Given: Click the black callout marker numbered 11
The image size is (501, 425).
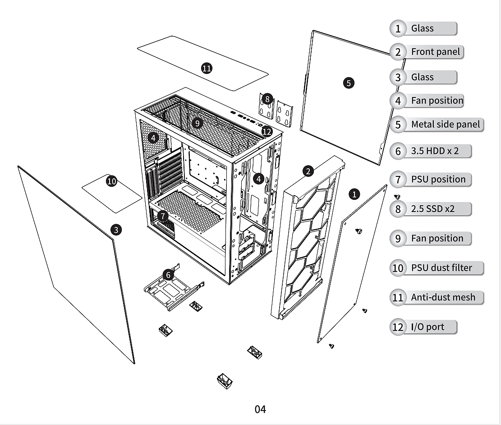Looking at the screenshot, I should pos(207,68).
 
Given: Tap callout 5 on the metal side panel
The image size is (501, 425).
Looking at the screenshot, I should pos(348,83).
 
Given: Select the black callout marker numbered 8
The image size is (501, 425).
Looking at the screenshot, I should pos(267,99).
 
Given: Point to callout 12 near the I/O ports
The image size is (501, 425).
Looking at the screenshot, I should pos(267,131).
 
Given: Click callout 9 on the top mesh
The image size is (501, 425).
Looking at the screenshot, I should pos(197,123).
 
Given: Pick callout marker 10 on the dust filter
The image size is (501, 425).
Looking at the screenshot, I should pos(111,181).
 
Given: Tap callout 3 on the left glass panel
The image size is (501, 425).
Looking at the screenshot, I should pos(116,230).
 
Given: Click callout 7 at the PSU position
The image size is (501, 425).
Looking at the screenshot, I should pos(163,216).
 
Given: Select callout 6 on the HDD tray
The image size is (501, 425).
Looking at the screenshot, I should pos(168,274).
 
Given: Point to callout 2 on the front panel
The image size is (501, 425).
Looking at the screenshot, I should pos(308,171).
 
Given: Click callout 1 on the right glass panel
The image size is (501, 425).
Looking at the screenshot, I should pos(354,194).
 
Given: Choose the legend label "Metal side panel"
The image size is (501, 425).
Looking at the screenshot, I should pos(445,124).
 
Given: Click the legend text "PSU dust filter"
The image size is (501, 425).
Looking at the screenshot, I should pos(441,268).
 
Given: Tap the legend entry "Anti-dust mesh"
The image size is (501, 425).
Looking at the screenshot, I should pos(443,297).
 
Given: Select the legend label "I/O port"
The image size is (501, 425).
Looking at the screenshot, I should pos(427,327).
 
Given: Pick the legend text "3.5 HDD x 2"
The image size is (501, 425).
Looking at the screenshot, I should pos(435,151).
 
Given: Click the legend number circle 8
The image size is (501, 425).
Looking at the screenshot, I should pos(398,209).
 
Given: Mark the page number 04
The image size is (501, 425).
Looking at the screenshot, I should pos(260,409).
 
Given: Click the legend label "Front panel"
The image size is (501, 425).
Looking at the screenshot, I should pos(435,51).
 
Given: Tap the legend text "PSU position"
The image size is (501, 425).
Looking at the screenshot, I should pos(438,179).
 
